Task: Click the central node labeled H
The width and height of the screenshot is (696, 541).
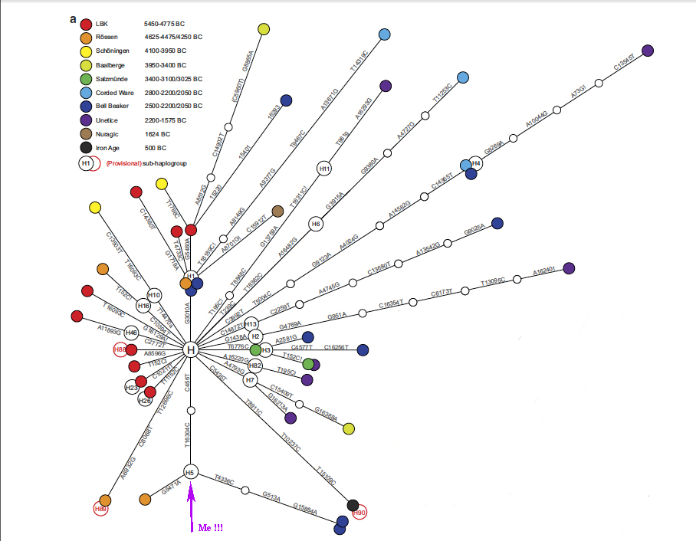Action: point(191,350)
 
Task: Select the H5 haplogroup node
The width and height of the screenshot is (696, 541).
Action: point(191,472)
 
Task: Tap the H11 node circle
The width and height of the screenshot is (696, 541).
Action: point(324,169)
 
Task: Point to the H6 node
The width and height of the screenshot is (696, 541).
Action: point(316,224)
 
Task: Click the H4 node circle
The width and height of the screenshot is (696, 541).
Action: point(476,162)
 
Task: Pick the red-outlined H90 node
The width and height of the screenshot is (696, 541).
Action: point(360,513)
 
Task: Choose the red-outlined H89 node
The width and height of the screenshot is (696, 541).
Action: point(100,508)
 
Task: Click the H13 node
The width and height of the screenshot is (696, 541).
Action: point(251,324)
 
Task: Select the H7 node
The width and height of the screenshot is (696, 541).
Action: point(250,380)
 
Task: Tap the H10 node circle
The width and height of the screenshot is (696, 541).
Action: point(154,296)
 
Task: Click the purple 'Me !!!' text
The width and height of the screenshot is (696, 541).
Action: point(211,529)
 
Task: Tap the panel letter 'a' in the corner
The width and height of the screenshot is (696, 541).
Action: point(73,18)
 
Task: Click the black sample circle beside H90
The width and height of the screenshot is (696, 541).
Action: point(353,505)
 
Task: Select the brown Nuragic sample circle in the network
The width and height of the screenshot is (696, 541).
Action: point(278,211)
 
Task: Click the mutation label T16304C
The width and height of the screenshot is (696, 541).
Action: point(187,434)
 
